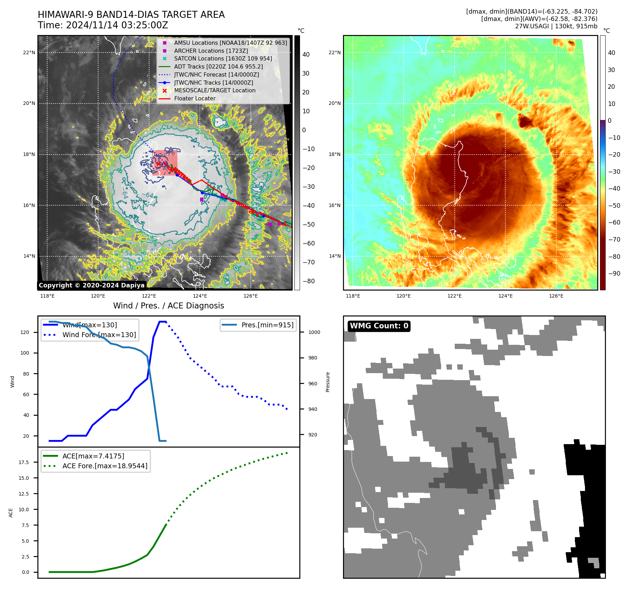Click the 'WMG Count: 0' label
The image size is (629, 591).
[x=379, y=326]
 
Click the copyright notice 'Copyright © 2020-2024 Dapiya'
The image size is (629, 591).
[x=92, y=285]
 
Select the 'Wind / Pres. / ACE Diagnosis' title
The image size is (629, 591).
[x=168, y=306]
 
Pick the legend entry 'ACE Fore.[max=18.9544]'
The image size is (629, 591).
[x=105, y=466]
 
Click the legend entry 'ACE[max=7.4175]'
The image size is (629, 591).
[x=93, y=456]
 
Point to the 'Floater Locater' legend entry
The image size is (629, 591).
[x=195, y=98]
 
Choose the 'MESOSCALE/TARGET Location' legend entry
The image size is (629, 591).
[x=214, y=90]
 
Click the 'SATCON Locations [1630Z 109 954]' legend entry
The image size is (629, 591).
[x=223, y=58]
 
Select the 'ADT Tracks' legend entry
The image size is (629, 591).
[x=218, y=66]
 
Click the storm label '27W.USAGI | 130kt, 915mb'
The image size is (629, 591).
[x=556, y=26]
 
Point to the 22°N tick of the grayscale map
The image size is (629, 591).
[x=29, y=52]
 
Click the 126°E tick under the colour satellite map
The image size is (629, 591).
[x=556, y=296]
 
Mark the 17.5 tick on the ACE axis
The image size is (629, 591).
[x=24, y=462]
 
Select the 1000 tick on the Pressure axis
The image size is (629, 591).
[x=314, y=332]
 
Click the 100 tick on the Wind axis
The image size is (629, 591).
[x=24, y=353]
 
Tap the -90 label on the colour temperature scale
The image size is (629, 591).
[x=614, y=273]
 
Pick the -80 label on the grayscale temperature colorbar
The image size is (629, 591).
[x=308, y=281]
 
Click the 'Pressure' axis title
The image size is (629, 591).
[x=328, y=382]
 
